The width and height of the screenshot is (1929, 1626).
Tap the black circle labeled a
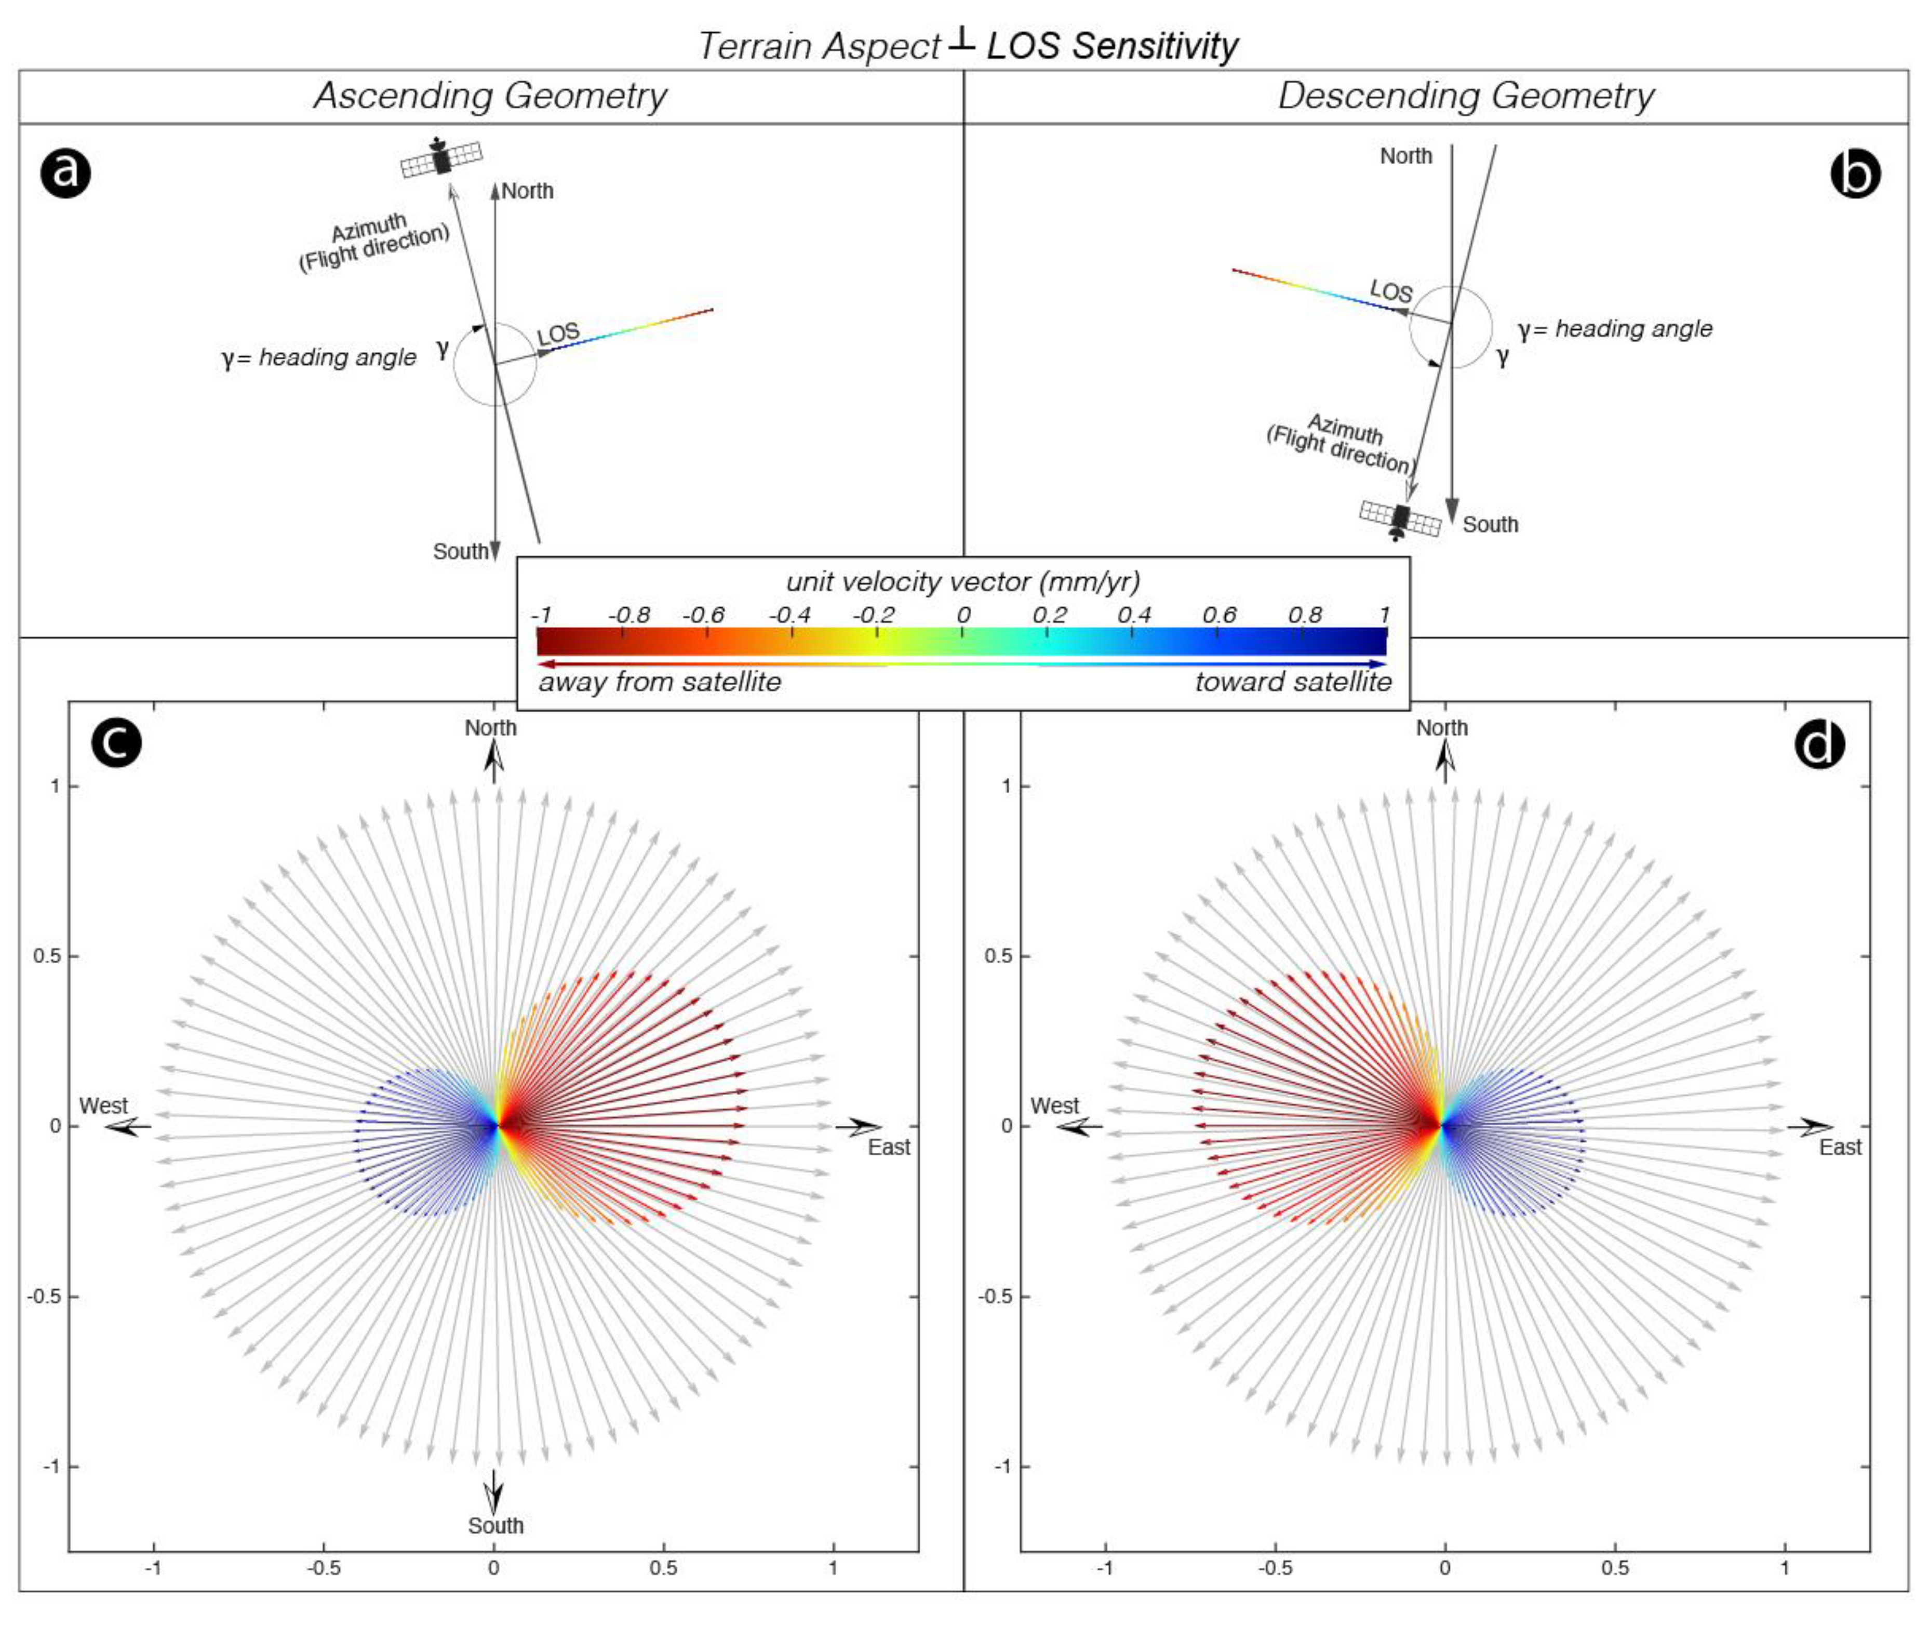tap(65, 172)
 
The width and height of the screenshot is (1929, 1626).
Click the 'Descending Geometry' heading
tap(1465, 96)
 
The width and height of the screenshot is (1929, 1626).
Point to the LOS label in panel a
tap(558, 334)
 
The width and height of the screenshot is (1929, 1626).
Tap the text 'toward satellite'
tap(1293, 682)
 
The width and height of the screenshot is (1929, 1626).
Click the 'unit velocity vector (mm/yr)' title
tap(963, 582)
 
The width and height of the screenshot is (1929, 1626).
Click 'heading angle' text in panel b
tap(1633, 329)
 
